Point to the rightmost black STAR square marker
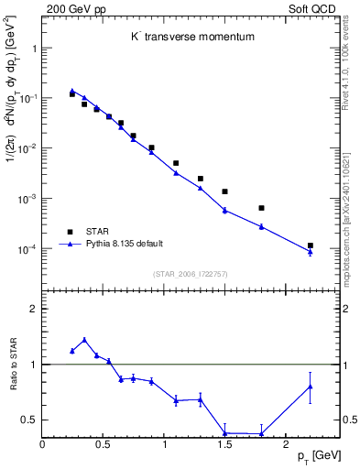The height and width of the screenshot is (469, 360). [311, 245]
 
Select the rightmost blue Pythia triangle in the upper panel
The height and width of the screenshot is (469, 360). [311, 252]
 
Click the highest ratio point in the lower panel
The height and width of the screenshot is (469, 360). [84, 340]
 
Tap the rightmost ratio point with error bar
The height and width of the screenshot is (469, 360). [311, 387]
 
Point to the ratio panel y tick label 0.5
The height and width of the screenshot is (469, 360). [29, 420]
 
